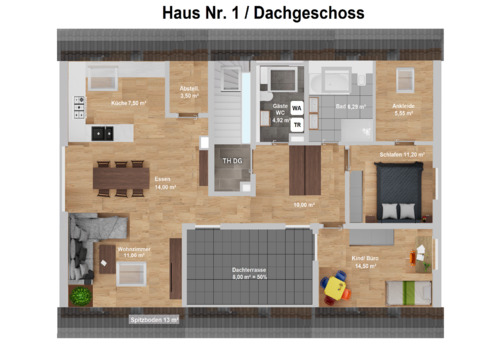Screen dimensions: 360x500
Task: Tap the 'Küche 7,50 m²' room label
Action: point(129,103)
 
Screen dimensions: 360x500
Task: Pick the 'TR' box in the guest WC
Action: point(297,125)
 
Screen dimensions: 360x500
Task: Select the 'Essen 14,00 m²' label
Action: point(164,184)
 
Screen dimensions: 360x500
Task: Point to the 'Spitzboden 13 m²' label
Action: point(154,320)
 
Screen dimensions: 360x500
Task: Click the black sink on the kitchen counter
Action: point(101,132)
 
